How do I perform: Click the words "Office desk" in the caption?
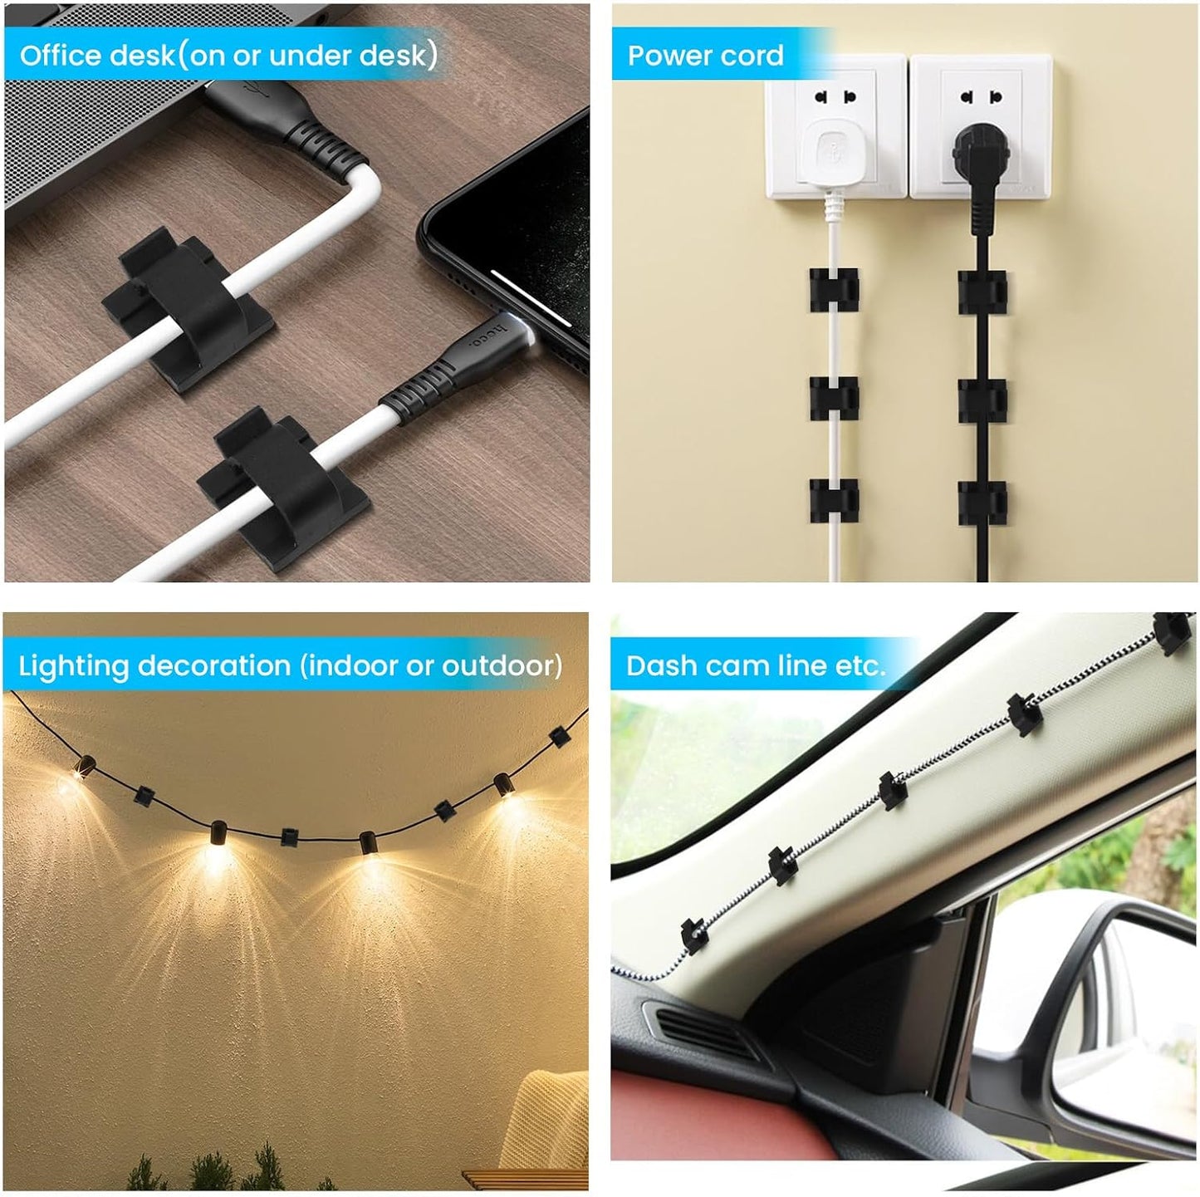(96, 56)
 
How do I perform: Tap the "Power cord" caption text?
(705, 56)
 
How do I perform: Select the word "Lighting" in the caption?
(73, 666)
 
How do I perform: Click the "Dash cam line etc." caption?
(755, 665)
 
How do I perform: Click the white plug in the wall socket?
(833, 154)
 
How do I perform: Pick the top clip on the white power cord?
(834, 290)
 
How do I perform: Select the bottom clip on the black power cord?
(982, 503)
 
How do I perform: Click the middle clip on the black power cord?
(982, 400)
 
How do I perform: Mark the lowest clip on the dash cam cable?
(693, 935)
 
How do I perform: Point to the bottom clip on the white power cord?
(834, 501)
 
